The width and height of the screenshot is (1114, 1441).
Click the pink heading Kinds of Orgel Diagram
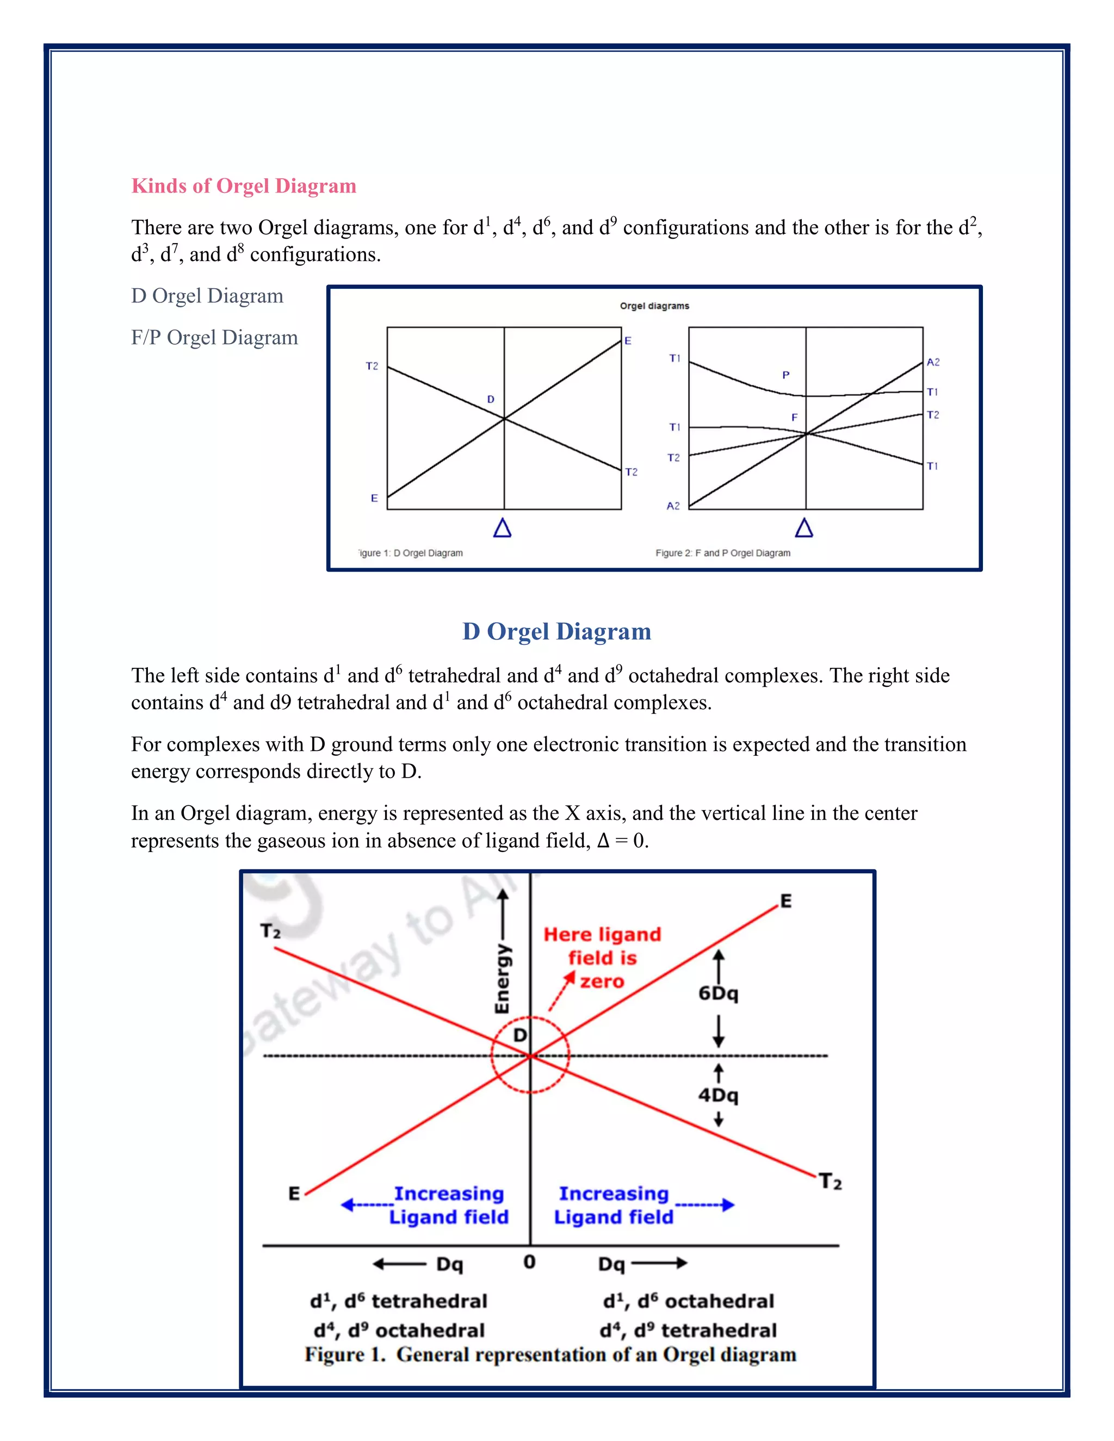click(x=244, y=186)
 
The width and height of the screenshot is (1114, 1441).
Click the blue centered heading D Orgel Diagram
click(x=556, y=631)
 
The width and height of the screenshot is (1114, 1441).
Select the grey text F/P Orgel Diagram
click(x=214, y=337)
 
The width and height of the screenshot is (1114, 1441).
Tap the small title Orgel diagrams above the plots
click(x=654, y=306)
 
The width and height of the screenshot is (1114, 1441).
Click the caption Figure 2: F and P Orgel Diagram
click(x=723, y=553)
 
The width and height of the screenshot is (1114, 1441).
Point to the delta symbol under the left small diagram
click(x=502, y=528)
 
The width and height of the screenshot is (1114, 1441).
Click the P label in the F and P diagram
click(x=785, y=375)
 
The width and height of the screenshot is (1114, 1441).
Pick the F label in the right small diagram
click(x=794, y=418)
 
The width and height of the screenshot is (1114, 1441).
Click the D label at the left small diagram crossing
click(x=490, y=399)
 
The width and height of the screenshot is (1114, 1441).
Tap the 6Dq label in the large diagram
click(x=718, y=993)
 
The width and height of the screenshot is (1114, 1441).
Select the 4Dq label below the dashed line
click(x=718, y=1095)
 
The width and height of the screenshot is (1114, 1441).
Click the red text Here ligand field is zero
click(x=602, y=958)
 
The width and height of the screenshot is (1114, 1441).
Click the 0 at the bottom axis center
click(x=529, y=1262)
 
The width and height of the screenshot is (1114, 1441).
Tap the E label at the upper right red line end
click(x=785, y=901)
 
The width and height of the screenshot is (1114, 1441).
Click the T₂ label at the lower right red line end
click(x=830, y=1181)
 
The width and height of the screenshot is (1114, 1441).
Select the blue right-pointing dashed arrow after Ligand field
click(x=704, y=1205)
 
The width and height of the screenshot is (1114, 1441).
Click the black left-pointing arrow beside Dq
click(x=399, y=1264)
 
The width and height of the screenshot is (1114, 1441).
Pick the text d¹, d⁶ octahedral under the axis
click(x=688, y=1301)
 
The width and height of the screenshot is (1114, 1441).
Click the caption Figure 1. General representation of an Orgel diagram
click(x=550, y=1355)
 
